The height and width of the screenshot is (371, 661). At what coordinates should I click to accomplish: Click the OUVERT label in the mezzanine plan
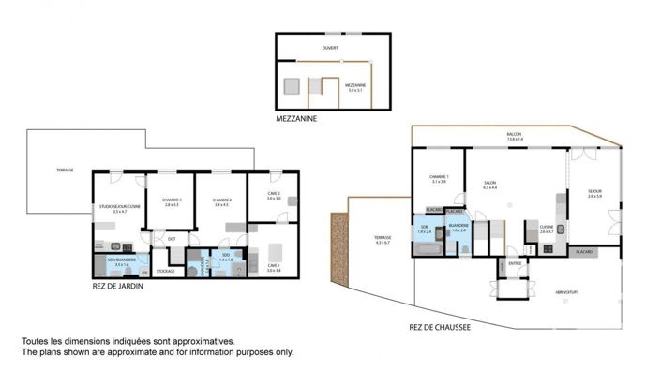(330, 47)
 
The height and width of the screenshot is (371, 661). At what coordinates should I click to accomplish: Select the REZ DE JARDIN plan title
(118, 287)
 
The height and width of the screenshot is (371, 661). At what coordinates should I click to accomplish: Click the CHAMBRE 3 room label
(172, 200)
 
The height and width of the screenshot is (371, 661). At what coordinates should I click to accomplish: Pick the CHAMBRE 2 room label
(221, 200)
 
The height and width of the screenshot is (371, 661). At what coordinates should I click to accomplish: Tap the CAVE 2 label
(273, 196)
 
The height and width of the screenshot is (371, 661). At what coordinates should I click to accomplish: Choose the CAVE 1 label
(273, 268)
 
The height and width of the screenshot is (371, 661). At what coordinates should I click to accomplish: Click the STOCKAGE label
(165, 271)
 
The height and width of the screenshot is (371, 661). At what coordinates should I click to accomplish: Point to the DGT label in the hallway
(172, 238)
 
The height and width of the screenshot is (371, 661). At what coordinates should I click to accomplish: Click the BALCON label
(514, 136)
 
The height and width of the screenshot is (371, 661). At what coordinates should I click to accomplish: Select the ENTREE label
(515, 263)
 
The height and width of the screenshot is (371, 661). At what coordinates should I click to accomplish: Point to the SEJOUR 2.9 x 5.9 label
(594, 193)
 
